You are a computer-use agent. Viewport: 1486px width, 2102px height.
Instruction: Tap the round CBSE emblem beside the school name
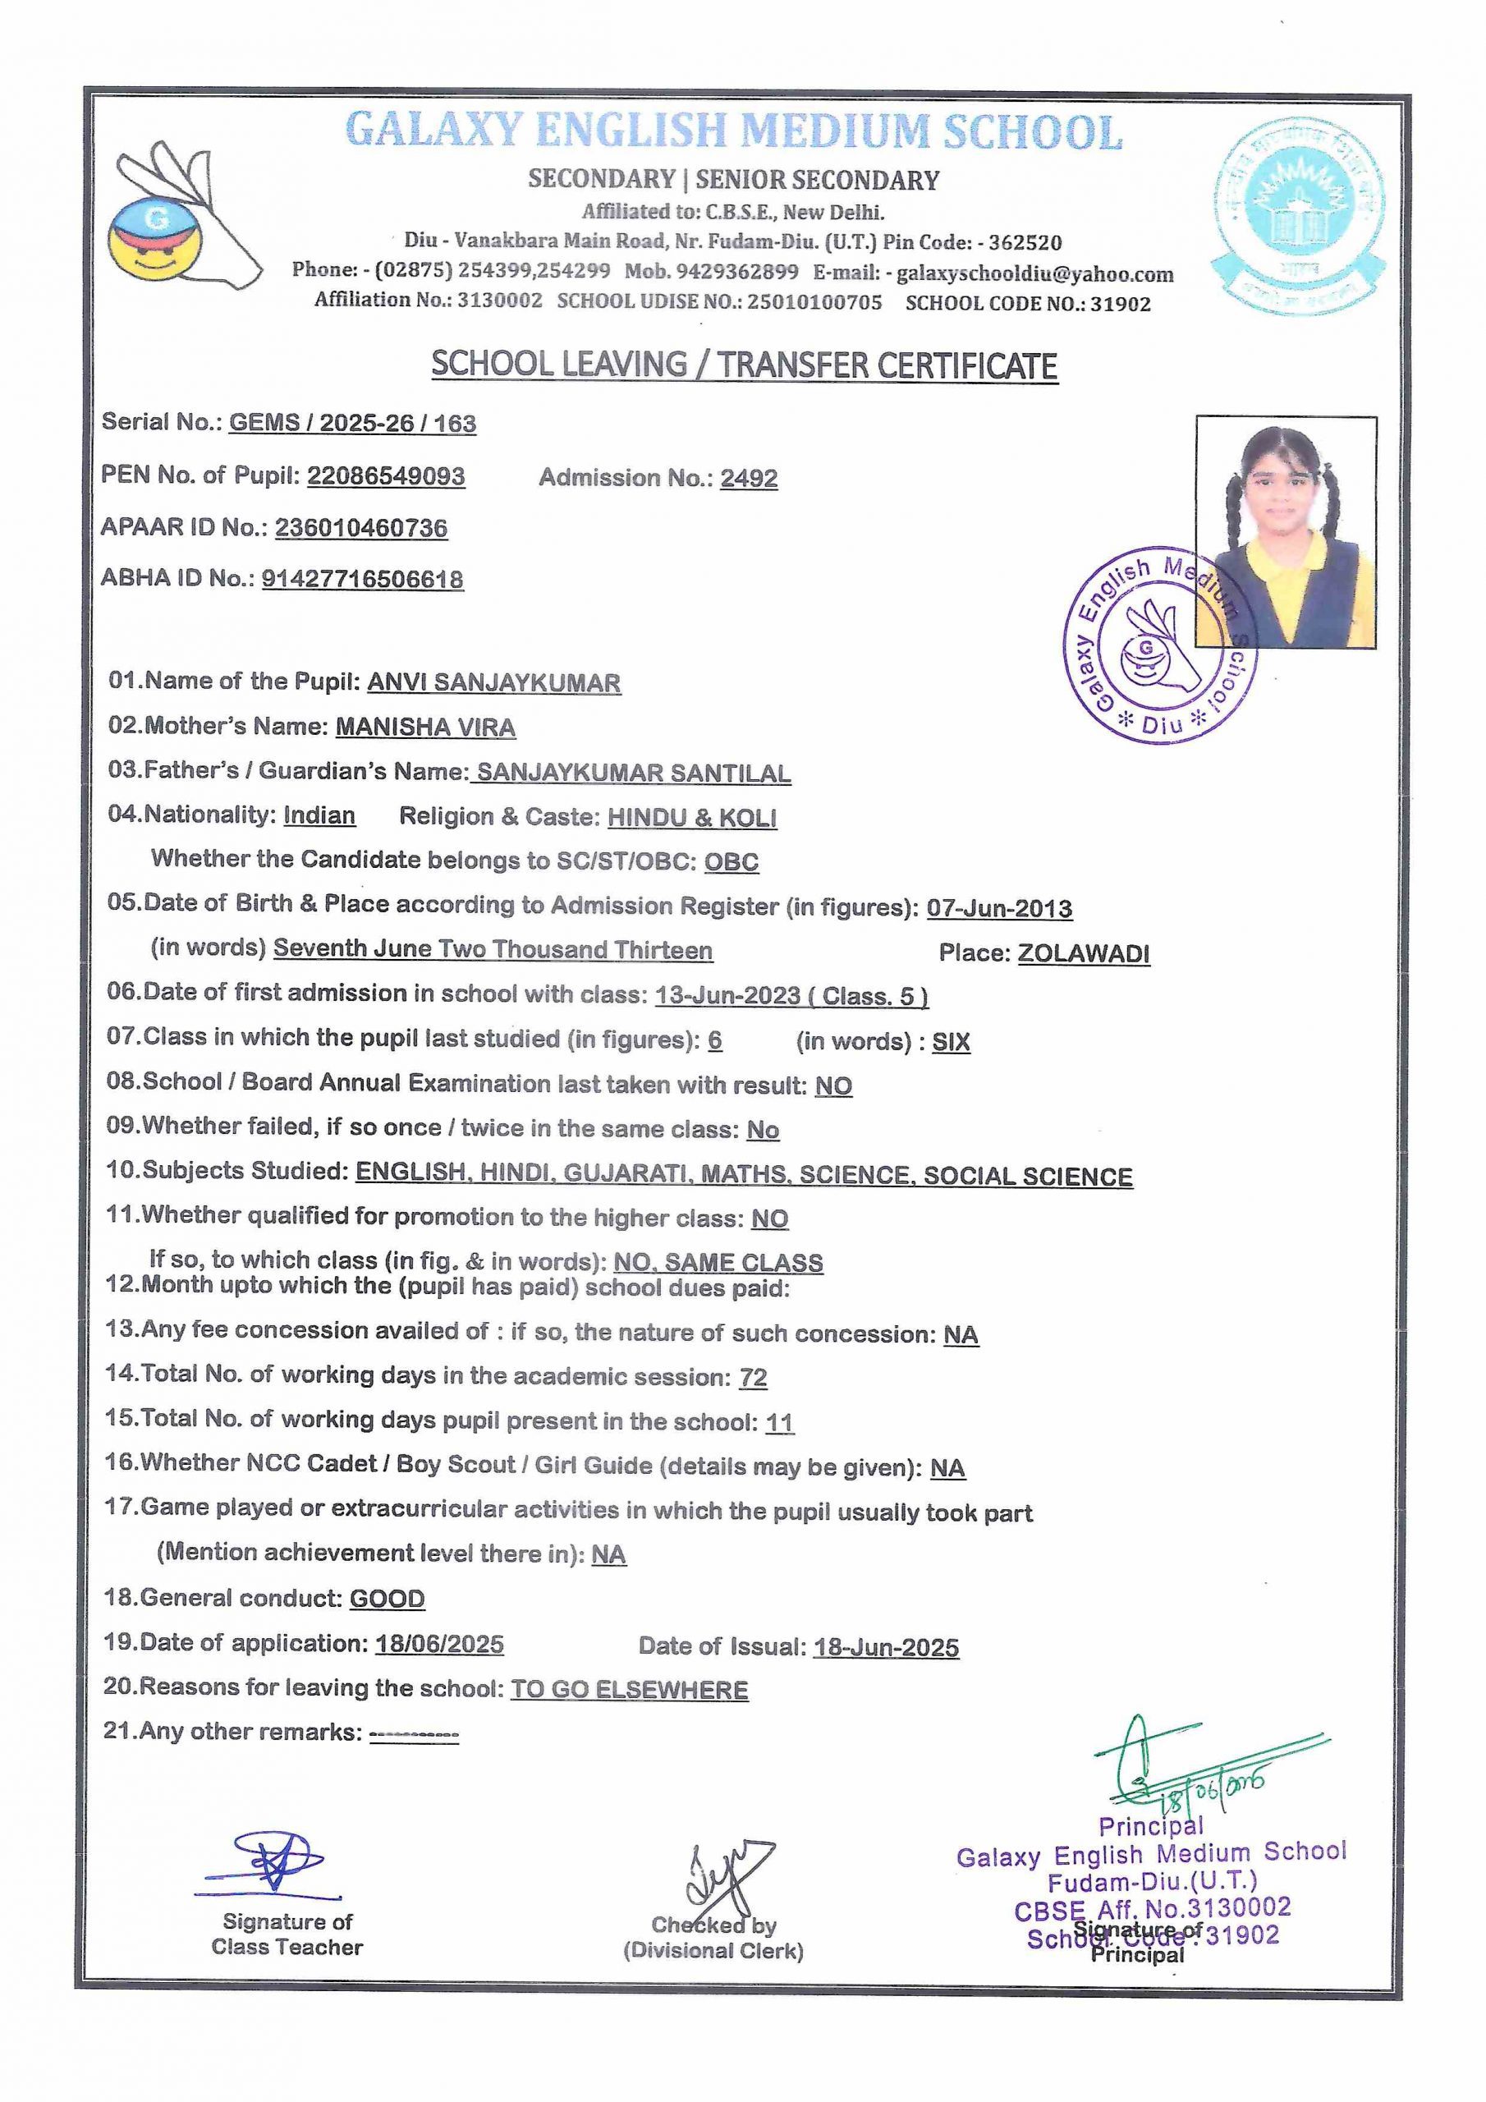coord(1298,218)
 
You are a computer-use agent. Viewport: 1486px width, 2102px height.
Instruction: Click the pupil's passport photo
coord(1285,532)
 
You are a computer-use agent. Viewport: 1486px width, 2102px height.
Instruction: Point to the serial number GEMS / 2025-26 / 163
coord(352,423)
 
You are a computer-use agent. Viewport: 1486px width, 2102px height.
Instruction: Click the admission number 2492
coord(748,478)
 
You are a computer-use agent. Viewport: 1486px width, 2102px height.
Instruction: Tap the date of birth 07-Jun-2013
coord(999,908)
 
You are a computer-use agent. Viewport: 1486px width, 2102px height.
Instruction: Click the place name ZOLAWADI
coord(1083,953)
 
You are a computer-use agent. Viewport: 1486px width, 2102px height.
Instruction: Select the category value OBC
coord(731,861)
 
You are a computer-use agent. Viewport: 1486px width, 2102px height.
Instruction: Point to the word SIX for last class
coord(951,1042)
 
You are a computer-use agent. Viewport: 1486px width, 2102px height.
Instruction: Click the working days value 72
coord(753,1377)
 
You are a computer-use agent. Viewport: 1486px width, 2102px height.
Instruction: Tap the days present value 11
coord(779,1422)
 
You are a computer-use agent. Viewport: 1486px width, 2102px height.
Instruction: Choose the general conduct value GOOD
coord(388,1599)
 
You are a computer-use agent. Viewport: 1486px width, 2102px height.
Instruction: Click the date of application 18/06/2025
coord(439,1643)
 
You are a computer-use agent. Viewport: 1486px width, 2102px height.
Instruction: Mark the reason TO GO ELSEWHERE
coord(629,1689)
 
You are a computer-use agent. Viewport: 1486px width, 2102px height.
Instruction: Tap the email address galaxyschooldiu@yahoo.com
coord(1034,273)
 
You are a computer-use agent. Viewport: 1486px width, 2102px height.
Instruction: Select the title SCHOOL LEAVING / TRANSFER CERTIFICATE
coord(744,365)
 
